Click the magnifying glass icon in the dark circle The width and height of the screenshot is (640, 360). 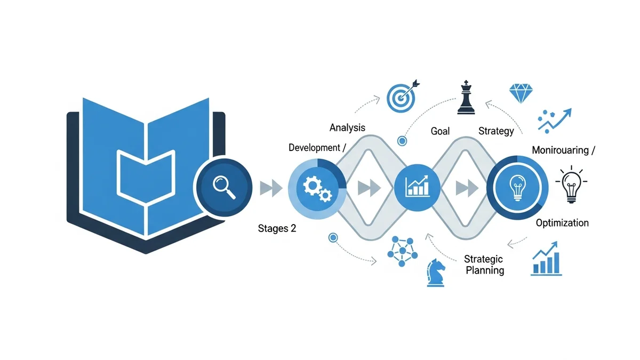tap(223, 187)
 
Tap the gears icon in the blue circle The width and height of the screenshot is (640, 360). tap(317, 187)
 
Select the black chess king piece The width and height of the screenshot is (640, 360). tap(466, 98)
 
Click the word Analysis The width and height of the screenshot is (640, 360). tap(347, 127)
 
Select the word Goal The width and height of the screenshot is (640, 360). tap(441, 131)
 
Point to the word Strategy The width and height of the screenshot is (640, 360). tap(496, 131)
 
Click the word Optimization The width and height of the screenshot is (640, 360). tap(562, 222)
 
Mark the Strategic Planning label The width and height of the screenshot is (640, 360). tap(483, 265)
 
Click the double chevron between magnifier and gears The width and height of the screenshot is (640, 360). tap(270, 188)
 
